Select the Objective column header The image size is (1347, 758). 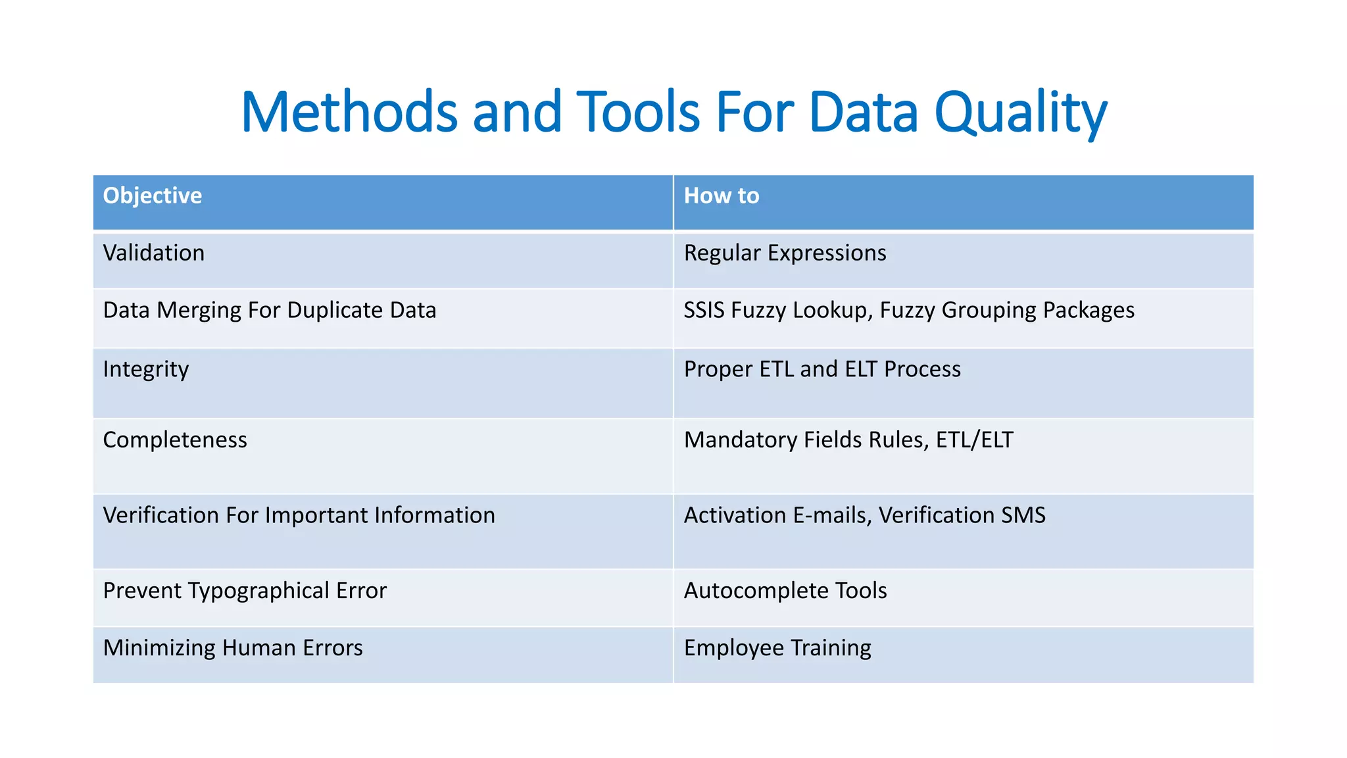click(x=153, y=196)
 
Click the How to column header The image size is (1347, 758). click(x=722, y=196)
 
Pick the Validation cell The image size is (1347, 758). click(x=154, y=253)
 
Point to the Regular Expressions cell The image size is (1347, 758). click(x=785, y=253)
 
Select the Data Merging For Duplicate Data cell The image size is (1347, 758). click(x=270, y=311)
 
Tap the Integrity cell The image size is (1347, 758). click(x=146, y=370)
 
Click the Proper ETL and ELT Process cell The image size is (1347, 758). click(x=822, y=370)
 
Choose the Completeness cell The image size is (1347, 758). click(x=175, y=440)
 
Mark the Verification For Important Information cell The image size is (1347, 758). click(x=299, y=515)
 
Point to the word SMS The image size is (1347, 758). click(x=1023, y=515)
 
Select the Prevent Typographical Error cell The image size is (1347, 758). click(x=245, y=591)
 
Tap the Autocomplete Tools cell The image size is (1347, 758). click(x=785, y=591)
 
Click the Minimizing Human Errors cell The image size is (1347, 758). click(x=233, y=648)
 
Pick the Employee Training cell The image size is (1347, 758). click(x=777, y=648)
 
